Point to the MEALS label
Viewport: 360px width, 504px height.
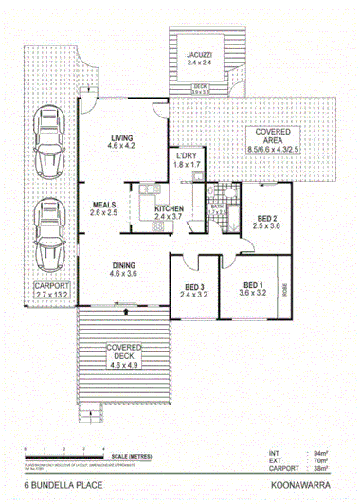point(105,205)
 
